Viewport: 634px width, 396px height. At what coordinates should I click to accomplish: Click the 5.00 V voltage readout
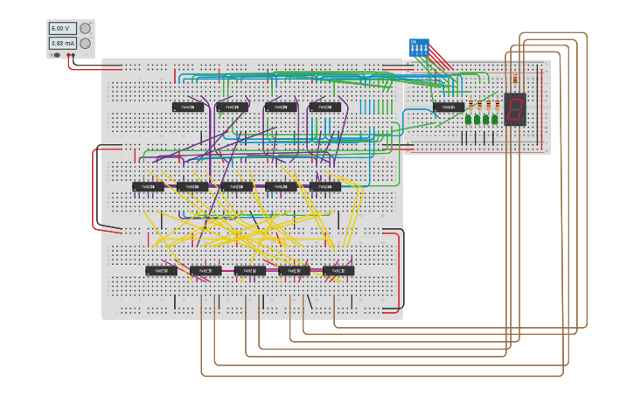coord(62,28)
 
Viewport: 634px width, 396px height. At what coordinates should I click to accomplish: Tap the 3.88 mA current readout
coord(62,43)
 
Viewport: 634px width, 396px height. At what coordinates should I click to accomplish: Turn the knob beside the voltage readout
coord(85,28)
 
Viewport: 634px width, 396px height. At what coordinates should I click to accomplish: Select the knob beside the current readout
coord(85,43)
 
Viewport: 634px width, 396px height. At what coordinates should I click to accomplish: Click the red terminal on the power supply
coord(68,55)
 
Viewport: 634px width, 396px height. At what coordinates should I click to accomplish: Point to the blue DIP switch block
coord(419,47)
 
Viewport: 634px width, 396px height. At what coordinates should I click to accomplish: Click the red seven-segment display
coord(515,109)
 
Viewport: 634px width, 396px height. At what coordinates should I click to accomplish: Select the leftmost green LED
coord(469,119)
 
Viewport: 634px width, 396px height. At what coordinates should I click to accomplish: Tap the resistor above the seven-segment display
coord(515,79)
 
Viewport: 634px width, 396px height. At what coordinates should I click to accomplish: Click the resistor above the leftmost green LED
coord(470,106)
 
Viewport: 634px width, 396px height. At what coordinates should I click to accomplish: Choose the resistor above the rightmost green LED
coord(497,106)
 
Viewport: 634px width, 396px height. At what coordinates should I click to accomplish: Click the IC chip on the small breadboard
coord(449,108)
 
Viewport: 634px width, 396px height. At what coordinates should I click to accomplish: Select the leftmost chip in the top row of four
coord(188,108)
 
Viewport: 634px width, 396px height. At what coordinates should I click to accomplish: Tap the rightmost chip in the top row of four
coord(324,108)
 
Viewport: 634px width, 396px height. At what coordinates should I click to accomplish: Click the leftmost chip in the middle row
coord(148,187)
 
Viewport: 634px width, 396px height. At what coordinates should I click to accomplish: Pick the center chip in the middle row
coord(236,187)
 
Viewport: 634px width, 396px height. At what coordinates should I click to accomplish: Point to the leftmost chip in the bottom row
coord(161,271)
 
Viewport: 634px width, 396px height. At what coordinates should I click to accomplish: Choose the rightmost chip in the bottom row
coord(338,271)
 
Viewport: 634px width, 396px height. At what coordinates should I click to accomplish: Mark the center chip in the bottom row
coord(249,271)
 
